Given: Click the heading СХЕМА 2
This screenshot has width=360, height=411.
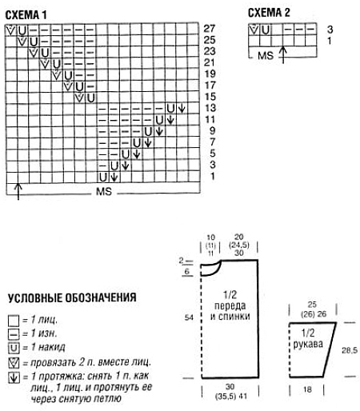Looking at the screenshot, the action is (270, 11).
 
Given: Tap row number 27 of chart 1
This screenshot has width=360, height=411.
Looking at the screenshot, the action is (210, 28).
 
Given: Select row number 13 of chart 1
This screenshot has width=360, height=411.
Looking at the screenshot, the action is (210, 107).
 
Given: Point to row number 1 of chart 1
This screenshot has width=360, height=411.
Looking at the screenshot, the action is (210, 176).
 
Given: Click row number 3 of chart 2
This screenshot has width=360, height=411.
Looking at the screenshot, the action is (330, 29).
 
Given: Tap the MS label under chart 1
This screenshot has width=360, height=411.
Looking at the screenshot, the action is (103, 194).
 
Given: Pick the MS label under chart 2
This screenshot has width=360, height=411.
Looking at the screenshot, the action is (266, 56).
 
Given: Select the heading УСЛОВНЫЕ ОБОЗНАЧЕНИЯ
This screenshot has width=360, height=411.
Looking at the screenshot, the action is (71, 297).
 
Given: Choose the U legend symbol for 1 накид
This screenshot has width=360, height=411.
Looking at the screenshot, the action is (12, 347).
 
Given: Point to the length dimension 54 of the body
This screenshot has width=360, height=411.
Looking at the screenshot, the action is (189, 317).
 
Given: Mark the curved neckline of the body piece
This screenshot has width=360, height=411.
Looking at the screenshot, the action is (209, 270).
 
